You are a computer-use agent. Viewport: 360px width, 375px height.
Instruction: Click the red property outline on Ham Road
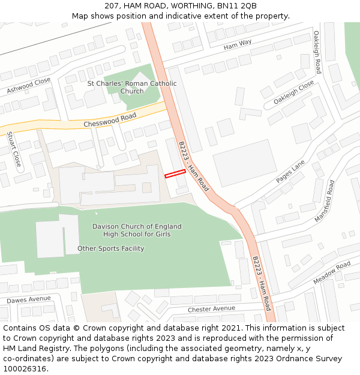[x=175, y=173]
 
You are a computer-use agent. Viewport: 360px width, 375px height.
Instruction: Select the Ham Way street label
[x=238, y=44]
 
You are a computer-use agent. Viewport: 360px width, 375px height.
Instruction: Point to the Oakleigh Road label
[x=317, y=53]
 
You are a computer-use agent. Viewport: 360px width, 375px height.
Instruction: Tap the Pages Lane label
[x=291, y=172]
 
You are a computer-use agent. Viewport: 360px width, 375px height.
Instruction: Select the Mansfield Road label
[x=325, y=200]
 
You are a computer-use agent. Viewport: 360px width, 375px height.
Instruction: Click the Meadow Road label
[x=332, y=273]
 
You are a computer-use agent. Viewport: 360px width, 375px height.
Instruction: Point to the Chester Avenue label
[x=211, y=309]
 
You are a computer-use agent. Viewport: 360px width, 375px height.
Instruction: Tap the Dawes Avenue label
[x=29, y=299]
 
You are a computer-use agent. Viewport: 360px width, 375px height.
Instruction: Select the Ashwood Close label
[x=29, y=86]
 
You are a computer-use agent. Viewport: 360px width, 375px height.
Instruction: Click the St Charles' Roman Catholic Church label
[x=132, y=88]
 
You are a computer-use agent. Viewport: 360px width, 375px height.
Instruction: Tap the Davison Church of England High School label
[x=137, y=230]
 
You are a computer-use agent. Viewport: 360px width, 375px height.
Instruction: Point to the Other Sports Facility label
[x=110, y=248]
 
